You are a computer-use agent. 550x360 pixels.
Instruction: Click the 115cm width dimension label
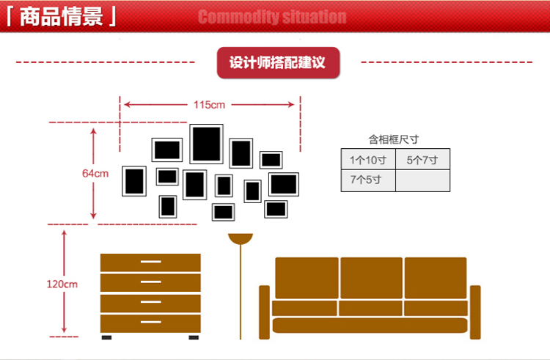[x=209, y=105]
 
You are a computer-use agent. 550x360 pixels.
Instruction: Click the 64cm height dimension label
[x=95, y=174]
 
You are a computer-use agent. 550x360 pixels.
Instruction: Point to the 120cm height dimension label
[x=62, y=284]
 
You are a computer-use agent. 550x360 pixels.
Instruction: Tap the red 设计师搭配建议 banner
[x=277, y=63]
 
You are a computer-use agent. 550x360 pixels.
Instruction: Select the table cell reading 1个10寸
[x=367, y=160]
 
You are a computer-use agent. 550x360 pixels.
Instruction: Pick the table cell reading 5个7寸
[x=422, y=160]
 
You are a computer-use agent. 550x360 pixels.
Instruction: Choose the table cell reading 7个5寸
[x=367, y=180]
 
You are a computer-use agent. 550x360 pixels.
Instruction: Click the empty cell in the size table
[x=422, y=180]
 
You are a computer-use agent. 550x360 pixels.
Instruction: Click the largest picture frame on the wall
[x=206, y=144]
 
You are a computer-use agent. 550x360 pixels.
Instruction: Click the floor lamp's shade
[x=240, y=238]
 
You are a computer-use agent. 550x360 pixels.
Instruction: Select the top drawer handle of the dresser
[x=150, y=262]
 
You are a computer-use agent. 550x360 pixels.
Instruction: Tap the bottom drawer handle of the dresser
[x=150, y=323]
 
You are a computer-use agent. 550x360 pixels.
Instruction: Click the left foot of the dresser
[x=107, y=337]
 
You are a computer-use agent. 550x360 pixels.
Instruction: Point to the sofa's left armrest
[x=264, y=312]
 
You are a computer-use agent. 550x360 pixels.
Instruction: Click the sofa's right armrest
[x=475, y=312]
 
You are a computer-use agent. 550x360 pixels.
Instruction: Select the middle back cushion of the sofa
[x=370, y=277]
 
